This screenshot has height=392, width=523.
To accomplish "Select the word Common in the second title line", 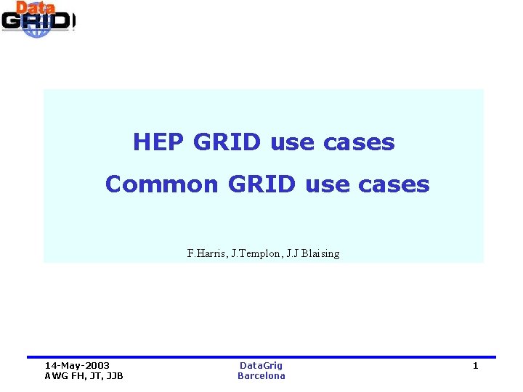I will pyautogui.click(x=161, y=184).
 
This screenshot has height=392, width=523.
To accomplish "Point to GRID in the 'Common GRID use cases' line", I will pyautogui.click(x=261, y=184).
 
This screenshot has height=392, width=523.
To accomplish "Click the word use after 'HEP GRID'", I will pyautogui.click(x=292, y=142).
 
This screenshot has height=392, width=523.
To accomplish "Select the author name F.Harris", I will pyautogui.click(x=206, y=254).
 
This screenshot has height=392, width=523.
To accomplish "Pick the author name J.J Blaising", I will pyautogui.click(x=312, y=254).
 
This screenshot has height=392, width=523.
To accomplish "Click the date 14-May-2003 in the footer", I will pyautogui.click(x=77, y=366).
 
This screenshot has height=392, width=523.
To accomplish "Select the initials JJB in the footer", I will pyautogui.click(x=113, y=376).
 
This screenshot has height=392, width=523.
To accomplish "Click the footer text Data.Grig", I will pyautogui.click(x=261, y=366).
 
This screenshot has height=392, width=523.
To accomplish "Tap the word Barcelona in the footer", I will pyautogui.click(x=261, y=376).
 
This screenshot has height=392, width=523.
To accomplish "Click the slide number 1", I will pyautogui.click(x=475, y=366).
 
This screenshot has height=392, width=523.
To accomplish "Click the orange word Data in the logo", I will pyautogui.click(x=36, y=8).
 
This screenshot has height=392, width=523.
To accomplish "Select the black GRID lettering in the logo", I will pyautogui.click(x=36, y=21).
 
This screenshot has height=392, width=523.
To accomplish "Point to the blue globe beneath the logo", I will pyautogui.click(x=36, y=32).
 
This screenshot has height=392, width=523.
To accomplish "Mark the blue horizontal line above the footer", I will pyautogui.click(x=261, y=357).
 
